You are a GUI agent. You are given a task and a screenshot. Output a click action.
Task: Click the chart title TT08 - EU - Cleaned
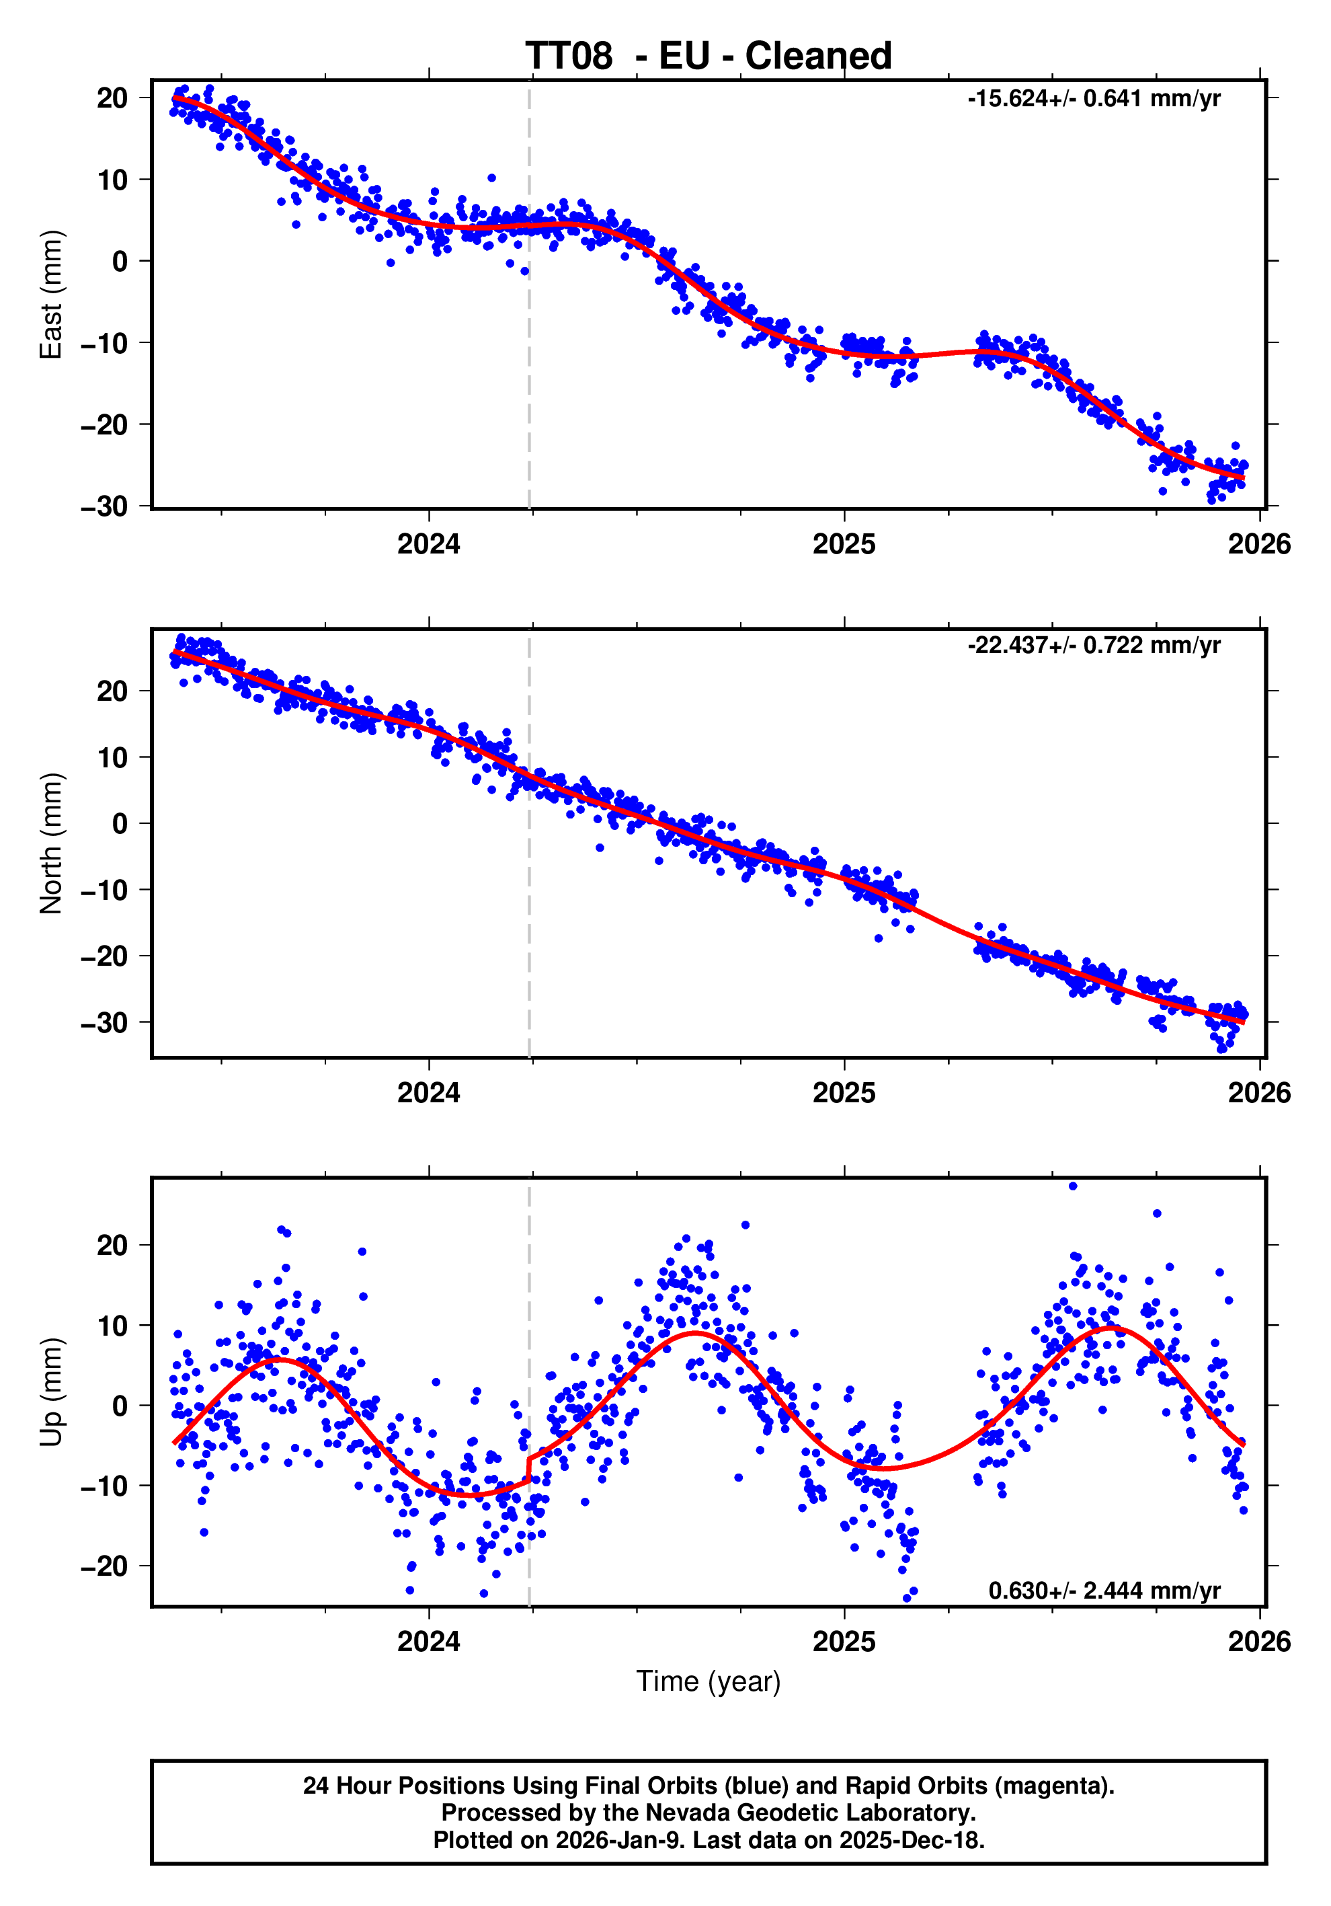coord(708,56)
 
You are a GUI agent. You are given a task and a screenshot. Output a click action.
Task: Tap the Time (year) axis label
coord(708,1681)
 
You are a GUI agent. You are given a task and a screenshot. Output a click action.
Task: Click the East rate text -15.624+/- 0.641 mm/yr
coord(1093,99)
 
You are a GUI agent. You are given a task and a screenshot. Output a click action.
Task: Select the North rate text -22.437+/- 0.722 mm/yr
coord(1093,645)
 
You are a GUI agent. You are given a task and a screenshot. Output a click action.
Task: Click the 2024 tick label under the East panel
coord(428,545)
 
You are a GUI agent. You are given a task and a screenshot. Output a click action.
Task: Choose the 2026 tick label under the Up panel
coord(1259,1642)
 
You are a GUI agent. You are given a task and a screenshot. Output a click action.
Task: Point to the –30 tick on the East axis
coord(105,506)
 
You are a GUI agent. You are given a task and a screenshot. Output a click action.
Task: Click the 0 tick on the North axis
coord(120,823)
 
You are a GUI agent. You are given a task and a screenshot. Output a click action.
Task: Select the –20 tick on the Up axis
coord(105,1566)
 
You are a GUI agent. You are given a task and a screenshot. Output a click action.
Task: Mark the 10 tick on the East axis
coord(113,180)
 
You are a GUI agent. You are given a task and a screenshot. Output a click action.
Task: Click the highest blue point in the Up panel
coord(1073,1186)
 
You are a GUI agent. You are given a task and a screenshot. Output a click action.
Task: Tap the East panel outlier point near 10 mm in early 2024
coord(491,178)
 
